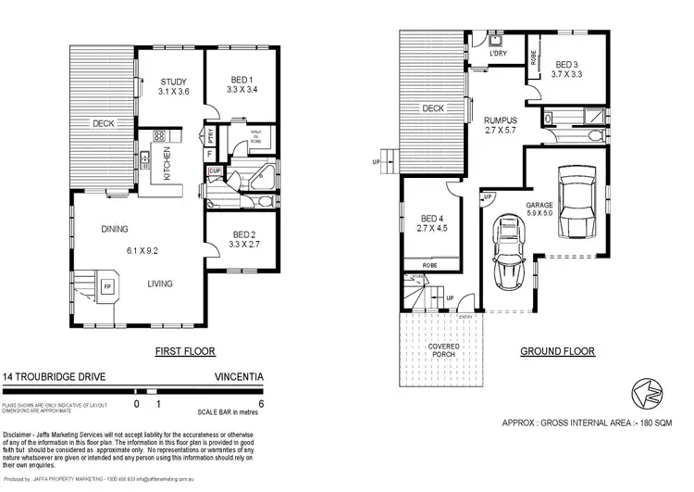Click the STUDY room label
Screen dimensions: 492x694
coord(173,81)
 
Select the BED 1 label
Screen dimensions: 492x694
coord(239,81)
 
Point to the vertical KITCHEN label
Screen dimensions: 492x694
coord(167,163)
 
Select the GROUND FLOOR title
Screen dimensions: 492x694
coord(557,352)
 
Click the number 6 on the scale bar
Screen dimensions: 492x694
coord(264,404)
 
